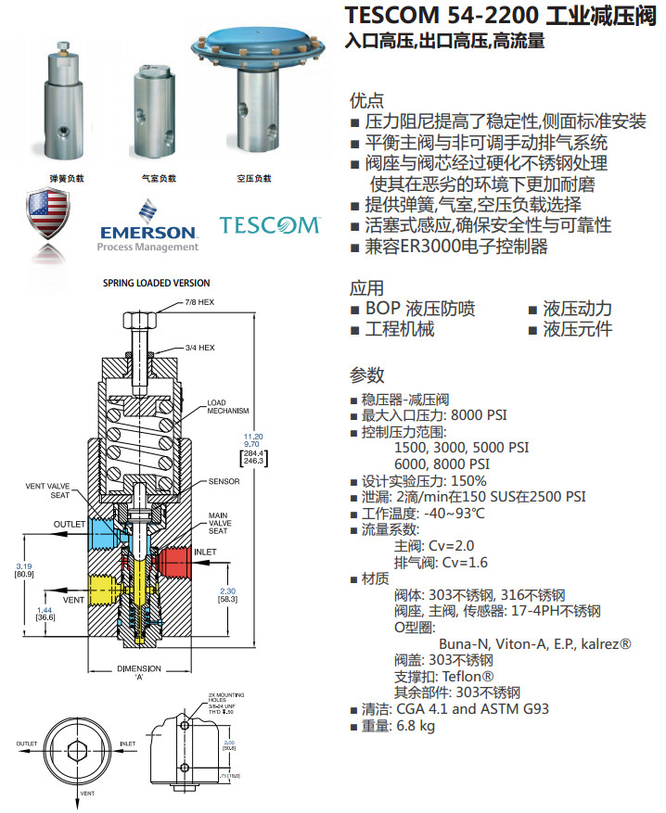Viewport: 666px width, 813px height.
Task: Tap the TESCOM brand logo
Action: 269,224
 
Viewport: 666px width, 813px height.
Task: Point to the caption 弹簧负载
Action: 67,178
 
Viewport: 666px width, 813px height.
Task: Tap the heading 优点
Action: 366,100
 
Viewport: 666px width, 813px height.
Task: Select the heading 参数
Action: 366,375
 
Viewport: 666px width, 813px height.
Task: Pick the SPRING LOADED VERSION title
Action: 156,284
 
